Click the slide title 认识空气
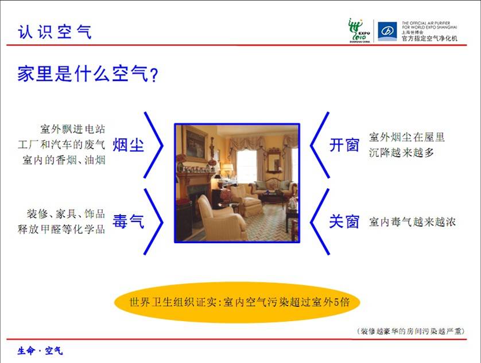[55, 32]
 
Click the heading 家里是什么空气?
[88, 73]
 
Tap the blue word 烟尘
[128, 145]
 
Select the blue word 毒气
[128, 221]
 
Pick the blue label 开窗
[344, 145]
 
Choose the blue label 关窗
[344, 221]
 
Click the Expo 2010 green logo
[359, 30]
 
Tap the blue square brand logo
[387, 32]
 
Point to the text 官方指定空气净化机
[429, 38]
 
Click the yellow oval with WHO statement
[237, 302]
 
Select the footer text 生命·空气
[40, 351]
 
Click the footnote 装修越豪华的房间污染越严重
[411, 331]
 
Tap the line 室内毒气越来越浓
[412, 222]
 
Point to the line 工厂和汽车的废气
[61, 145]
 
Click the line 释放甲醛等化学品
[61, 229]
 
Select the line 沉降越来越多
[401, 153]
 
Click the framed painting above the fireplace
[195, 143]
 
